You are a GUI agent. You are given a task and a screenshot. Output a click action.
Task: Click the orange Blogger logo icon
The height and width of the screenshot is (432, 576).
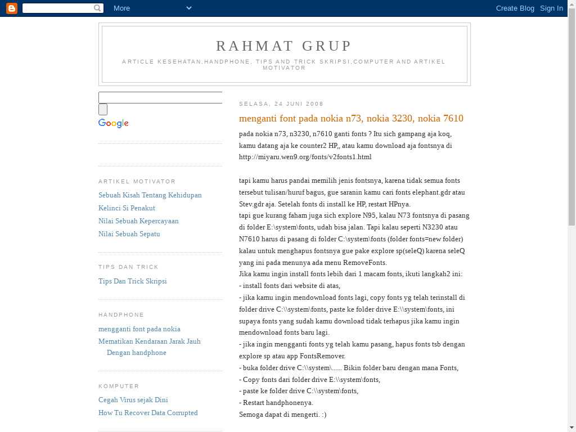click(11, 8)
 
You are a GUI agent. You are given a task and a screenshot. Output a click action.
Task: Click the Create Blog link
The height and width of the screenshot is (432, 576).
click(515, 8)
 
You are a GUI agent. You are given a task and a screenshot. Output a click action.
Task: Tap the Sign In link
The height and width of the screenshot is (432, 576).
click(551, 8)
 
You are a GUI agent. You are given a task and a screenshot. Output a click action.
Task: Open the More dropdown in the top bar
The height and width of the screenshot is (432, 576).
click(152, 8)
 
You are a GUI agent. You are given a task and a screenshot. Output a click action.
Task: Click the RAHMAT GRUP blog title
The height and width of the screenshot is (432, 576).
click(284, 46)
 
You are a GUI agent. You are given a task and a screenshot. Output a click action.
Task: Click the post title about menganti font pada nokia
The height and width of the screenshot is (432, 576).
click(351, 118)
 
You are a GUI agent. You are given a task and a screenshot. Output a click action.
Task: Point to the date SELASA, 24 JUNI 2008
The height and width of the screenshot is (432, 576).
click(281, 104)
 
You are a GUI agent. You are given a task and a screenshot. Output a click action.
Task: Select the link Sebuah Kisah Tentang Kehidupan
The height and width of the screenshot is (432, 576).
click(150, 195)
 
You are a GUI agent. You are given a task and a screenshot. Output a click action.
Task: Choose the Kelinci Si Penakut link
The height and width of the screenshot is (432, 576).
click(127, 208)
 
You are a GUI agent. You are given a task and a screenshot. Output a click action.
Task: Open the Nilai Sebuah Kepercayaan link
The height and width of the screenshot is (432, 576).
click(138, 221)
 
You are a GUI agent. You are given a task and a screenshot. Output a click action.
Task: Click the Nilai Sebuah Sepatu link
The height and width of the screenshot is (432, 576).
click(129, 234)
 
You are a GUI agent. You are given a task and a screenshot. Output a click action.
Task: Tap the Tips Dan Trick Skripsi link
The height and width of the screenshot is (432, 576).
click(132, 281)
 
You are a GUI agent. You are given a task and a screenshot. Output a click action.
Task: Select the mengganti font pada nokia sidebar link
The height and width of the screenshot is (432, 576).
click(139, 329)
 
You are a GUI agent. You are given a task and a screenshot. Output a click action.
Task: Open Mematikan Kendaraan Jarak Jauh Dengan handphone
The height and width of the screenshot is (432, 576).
click(149, 341)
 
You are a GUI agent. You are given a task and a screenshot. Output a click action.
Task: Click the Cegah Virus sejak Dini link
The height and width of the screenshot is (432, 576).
click(133, 400)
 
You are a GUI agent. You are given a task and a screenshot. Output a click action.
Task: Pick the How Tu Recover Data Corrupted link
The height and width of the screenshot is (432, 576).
click(148, 413)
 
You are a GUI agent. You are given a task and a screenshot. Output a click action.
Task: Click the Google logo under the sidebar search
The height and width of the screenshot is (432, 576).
click(114, 123)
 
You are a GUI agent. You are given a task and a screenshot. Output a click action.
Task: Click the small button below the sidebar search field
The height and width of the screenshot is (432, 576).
click(103, 110)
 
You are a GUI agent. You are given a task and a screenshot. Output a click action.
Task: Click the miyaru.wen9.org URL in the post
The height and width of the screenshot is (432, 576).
click(305, 157)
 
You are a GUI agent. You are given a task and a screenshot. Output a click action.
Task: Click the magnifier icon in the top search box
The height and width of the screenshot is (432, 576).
click(98, 8)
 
